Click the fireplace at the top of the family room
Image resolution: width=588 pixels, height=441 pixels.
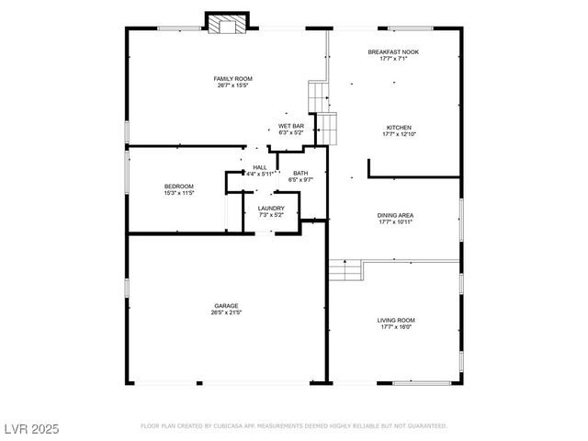(226, 24)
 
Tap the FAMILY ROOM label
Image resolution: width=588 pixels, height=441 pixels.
(234, 79)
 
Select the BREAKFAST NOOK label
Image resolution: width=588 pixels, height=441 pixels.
(393, 51)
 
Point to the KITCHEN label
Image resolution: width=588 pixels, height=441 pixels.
(398, 127)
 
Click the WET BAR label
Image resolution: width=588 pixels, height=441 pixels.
(291, 126)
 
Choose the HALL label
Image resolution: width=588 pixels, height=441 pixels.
(260, 166)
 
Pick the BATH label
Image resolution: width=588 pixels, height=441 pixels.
(300, 173)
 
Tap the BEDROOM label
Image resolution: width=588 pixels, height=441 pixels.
(179, 187)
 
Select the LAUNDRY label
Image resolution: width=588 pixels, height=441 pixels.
(271, 208)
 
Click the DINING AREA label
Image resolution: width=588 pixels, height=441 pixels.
(395, 216)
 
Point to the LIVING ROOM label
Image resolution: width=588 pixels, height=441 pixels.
(395, 320)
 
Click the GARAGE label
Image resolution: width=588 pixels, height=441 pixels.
(227, 306)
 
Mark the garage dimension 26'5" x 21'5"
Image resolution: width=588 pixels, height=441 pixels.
(227, 313)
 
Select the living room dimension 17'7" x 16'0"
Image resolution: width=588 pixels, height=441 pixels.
(395, 327)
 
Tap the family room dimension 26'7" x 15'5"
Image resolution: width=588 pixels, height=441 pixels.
(234, 86)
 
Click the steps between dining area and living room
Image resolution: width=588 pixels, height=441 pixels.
(345, 270)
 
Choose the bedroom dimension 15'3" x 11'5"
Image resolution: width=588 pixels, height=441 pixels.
(179, 194)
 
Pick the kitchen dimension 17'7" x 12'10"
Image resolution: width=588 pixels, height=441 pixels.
(398, 134)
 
